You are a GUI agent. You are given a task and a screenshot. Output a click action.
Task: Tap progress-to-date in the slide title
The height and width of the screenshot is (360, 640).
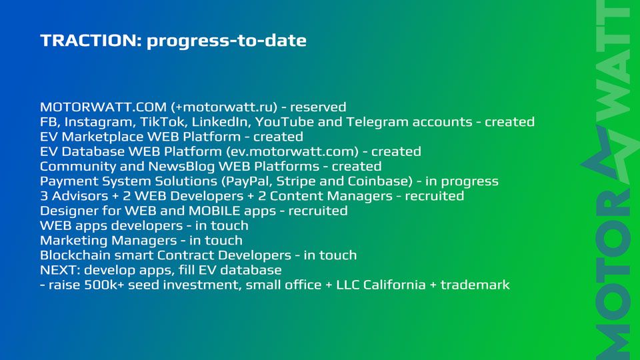click(x=227, y=41)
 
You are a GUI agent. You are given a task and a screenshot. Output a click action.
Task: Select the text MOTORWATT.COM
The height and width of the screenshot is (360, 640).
click(x=103, y=107)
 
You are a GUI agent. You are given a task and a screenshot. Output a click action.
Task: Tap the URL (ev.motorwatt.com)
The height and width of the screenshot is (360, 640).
click(x=293, y=151)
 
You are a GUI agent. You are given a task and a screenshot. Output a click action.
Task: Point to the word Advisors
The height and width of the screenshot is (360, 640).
click(x=80, y=196)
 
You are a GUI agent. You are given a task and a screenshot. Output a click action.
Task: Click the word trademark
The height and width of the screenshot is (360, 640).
click(x=475, y=285)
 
